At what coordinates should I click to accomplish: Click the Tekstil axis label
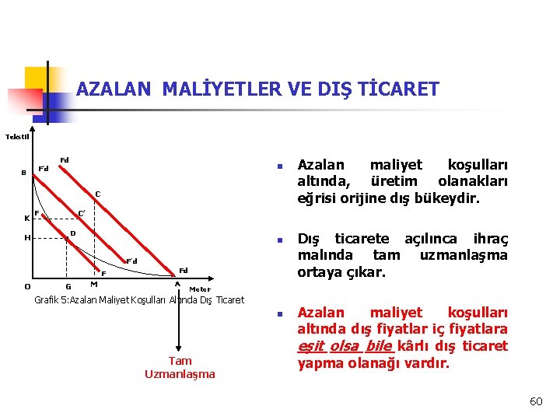pos(17,137)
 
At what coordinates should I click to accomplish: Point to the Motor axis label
pos(200,289)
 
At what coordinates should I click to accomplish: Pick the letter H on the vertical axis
pos(26,238)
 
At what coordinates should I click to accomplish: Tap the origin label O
pos(27,286)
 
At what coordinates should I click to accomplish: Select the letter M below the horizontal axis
pos(93,284)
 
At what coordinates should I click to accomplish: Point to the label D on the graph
pos(72,233)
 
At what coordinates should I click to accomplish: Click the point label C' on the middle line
pos(81,212)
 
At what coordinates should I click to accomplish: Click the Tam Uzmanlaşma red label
pos(180,367)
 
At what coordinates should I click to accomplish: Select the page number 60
pos(535,401)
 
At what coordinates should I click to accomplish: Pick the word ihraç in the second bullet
pos(490,239)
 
